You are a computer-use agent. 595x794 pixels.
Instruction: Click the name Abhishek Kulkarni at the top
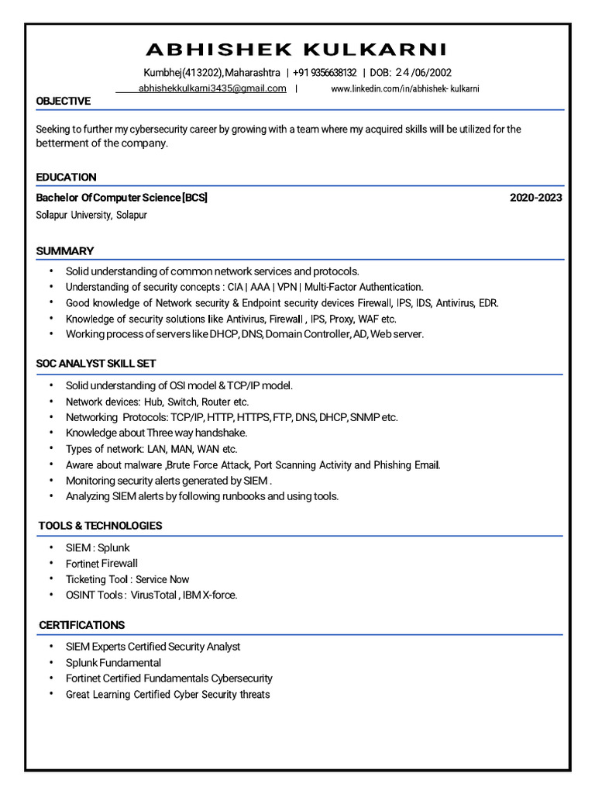[x=297, y=50]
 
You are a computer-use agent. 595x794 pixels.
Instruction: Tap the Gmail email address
[x=212, y=89]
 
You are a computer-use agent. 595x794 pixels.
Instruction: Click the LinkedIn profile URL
[x=405, y=89]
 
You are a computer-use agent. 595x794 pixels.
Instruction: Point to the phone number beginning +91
[x=325, y=73]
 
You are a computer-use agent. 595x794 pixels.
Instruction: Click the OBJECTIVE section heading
[x=64, y=102]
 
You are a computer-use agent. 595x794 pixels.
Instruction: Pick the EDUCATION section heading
[x=67, y=178]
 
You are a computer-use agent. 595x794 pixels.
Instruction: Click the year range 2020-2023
[x=535, y=198]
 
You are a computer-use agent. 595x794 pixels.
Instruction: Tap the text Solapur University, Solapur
[x=91, y=215]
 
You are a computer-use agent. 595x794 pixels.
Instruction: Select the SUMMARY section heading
[x=65, y=251]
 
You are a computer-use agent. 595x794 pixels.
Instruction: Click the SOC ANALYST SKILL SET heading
[x=96, y=364]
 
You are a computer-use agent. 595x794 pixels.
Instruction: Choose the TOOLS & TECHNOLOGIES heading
[x=100, y=526]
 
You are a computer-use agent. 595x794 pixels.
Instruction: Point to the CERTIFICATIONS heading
[x=82, y=625]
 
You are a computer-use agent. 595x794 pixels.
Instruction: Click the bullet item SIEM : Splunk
[x=98, y=547]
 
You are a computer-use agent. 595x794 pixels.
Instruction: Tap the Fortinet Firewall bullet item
[x=101, y=564]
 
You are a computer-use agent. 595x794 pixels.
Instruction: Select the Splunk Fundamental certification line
[x=113, y=663]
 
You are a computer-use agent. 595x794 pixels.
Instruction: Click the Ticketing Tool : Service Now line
[x=127, y=579]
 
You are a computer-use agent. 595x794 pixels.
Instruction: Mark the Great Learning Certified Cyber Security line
[x=167, y=695]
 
